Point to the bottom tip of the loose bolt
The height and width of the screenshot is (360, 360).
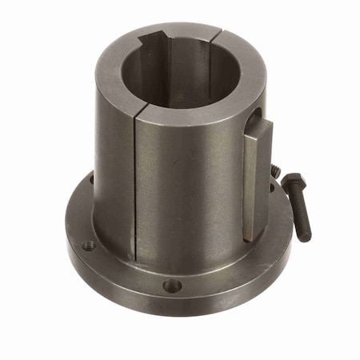307,238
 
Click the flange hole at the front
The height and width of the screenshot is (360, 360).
171,286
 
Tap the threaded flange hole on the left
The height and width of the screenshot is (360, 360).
88,246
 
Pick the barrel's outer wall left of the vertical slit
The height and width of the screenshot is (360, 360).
112,176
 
